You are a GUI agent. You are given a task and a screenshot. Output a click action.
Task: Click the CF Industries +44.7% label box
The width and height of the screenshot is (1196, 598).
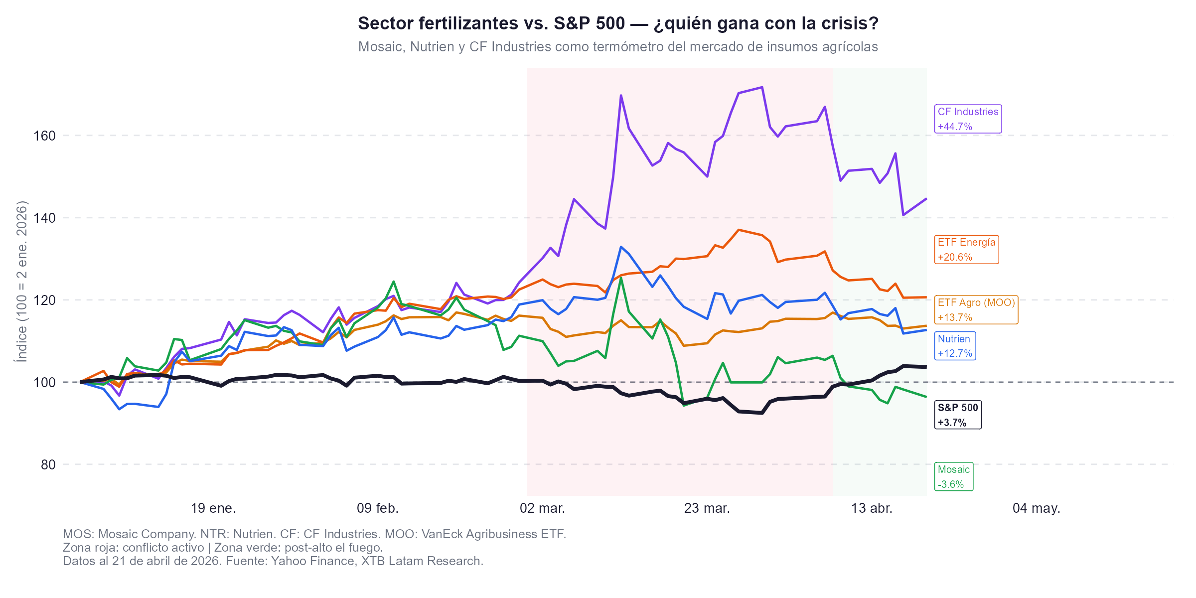click(x=968, y=119)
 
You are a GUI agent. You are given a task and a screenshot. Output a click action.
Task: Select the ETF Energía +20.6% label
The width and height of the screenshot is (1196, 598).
click(x=966, y=250)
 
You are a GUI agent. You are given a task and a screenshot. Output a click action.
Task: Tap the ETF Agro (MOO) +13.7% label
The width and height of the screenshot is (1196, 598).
click(x=976, y=309)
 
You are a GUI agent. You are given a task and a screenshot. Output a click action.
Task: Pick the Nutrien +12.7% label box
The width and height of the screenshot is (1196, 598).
click(x=954, y=346)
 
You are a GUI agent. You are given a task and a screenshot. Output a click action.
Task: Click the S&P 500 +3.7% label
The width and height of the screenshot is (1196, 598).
click(x=957, y=415)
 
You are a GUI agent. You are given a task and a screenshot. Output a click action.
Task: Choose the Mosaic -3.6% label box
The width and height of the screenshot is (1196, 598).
click(x=953, y=476)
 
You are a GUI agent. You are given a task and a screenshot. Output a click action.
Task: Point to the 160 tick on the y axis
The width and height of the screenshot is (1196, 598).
click(x=44, y=136)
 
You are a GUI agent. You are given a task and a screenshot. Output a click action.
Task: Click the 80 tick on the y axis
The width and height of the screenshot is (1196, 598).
click(x=48, y=464)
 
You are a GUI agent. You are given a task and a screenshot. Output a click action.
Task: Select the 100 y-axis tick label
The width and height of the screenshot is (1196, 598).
click(x=44, y=382)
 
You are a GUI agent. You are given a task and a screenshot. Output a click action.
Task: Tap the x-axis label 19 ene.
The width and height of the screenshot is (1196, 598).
click(x=213, y=508)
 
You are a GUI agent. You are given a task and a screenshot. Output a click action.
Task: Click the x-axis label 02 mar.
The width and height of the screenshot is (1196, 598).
click(x=542, y=508)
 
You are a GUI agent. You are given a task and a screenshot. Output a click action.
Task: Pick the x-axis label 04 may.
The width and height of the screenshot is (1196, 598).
click(x=1036, y=508)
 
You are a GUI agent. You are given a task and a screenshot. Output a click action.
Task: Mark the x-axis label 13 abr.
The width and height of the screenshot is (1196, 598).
click(x=872, y=508)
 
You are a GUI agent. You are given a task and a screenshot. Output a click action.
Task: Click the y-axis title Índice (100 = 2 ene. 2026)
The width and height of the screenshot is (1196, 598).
click(x=22, y=282)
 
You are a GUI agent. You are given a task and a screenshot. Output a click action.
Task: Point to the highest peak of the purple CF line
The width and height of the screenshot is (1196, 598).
click(x=762, y=87)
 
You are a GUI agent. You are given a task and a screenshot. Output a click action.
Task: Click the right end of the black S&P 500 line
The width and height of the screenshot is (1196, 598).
click(x=925, y=367)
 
